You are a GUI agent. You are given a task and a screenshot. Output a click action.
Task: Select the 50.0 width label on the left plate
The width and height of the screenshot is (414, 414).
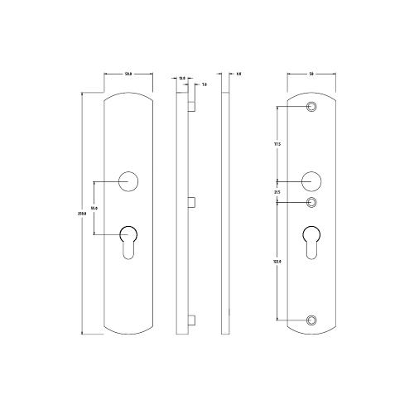tap(129, 75)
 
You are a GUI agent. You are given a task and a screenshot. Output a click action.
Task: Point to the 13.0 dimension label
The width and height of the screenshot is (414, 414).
tap(181, 79)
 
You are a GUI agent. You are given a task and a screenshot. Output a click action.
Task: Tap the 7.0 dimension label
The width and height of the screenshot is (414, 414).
tap(204, 84)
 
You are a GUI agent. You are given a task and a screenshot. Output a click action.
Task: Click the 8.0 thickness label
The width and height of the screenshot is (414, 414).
tap(238, 75)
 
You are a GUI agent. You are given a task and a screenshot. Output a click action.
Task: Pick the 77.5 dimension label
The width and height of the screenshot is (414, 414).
tap(277, 144)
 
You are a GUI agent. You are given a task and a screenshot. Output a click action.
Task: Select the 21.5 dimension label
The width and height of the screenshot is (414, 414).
tap(277, 192)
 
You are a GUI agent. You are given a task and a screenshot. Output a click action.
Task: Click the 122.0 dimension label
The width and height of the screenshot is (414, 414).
tap(277, 261)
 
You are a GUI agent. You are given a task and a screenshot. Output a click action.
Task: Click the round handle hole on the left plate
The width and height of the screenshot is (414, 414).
tap(128, 181)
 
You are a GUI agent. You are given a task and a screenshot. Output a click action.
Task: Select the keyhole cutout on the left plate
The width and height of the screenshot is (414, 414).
tap(128, 240)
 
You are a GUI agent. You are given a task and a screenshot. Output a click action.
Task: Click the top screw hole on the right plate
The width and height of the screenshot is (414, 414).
tap(312, 108)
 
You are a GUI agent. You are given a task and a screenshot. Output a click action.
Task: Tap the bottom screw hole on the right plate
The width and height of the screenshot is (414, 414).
tap(312, 320)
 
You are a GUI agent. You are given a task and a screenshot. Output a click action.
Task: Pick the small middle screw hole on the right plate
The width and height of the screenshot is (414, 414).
tap(312, 202)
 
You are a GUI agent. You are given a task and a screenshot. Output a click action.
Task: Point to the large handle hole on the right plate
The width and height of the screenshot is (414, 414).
tap(312, 181)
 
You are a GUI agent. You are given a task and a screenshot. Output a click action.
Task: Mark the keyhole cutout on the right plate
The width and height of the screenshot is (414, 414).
tap(312, 240)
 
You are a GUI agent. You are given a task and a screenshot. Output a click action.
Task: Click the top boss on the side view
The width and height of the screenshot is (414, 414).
tap(192, 106)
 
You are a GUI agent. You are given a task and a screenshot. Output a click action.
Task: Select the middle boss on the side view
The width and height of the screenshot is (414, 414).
tap(192, 201)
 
